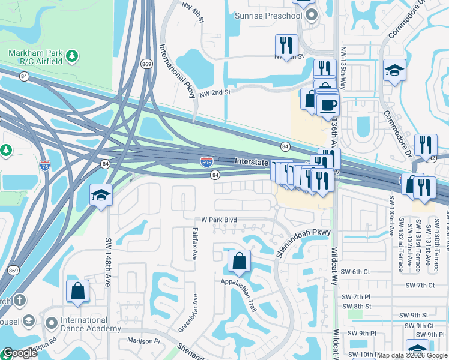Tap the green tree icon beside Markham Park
(72, 56)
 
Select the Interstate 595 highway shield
(205, 161)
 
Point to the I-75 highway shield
(44, 165)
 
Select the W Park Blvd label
(219, 220)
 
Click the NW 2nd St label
(215, 92)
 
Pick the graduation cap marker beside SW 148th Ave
(100, 195)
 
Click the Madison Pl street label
(144, 341)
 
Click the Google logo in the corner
(20, 353)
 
